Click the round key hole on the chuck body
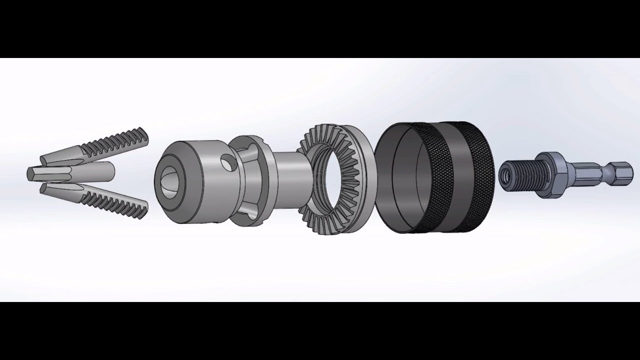click(x=228, y=163)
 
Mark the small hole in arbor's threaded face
click(x=507, y=174)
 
